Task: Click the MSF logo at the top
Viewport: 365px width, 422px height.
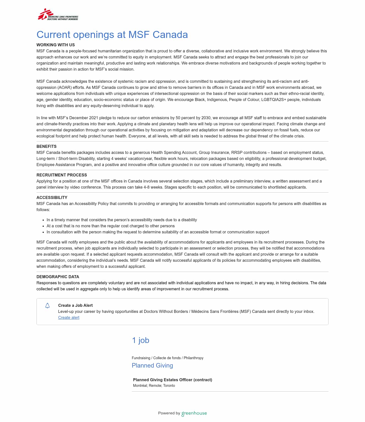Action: [58, 15]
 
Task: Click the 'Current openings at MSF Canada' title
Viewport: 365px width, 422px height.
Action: [112, 35]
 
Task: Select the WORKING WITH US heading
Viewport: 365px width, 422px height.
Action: [56, 45]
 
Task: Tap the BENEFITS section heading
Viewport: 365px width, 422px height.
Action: [46, 146]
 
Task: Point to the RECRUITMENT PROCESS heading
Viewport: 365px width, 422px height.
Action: [62, 175]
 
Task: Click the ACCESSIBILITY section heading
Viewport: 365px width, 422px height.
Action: [52, 197]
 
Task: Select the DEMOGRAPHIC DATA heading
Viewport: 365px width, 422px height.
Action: [58, 277]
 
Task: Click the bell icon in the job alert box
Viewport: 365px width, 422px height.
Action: [47, 306]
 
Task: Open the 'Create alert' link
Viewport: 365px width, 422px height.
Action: [69, 317]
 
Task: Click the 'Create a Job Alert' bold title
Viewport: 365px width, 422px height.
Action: [75, 305]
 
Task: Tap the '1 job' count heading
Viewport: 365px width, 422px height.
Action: [140, 340]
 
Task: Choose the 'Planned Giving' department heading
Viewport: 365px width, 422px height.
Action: [152, 365]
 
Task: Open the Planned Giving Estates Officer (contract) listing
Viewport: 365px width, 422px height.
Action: [172, 380]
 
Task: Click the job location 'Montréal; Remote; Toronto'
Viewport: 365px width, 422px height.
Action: [154, 386]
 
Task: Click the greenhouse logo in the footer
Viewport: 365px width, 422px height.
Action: [194, 413]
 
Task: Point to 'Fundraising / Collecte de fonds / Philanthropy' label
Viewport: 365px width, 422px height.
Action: [167, 358]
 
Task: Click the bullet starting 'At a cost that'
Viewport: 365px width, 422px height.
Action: [111, 226]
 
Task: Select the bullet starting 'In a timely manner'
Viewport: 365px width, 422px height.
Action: [122, 220]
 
